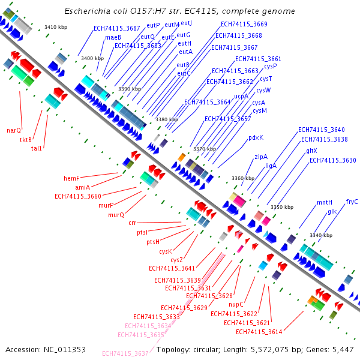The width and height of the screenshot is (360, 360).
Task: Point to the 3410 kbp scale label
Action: (x=56, y=27)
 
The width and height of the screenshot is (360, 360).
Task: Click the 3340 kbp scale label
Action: (x=320, y=235)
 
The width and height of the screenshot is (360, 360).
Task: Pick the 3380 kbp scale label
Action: (x=166, y=120)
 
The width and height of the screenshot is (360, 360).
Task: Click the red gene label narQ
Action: (x=14, y=130)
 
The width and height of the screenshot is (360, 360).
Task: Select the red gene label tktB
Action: (x=26, y=140)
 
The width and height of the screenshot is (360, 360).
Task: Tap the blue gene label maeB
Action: (x=113, y=37)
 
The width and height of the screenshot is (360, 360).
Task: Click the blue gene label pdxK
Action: (x=256, y=137)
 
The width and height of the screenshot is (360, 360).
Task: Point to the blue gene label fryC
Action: (x=352, y=202)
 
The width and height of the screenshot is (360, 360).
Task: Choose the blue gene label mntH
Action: (x=325, y=203)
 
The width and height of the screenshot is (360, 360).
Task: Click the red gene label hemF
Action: (x=71, y=178)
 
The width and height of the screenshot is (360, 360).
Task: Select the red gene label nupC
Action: (x=236, y=305)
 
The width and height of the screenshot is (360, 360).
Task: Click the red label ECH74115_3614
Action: (x=259, y=332)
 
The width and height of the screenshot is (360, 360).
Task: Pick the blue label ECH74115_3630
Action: (x=332, y=160)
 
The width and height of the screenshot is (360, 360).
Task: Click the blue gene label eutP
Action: (x=153, y=25)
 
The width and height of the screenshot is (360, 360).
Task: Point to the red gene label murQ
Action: (x=116, y=215)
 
